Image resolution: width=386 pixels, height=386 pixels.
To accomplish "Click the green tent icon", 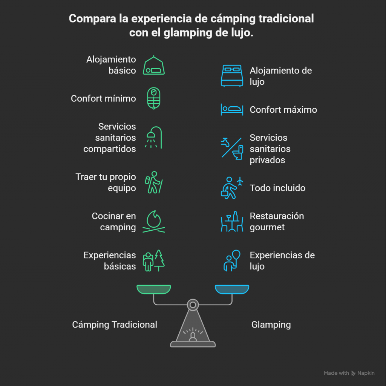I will [x=154, y=66].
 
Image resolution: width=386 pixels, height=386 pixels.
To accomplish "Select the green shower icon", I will [x=153, y=137].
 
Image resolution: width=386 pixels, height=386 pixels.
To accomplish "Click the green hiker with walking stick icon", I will [x=154, y=182].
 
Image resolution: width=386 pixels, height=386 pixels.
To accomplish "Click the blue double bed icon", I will [x=231, y=76].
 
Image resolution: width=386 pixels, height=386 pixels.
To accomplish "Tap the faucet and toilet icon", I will [x=231, y=149].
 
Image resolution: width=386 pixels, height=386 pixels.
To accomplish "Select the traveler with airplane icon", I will [x=231, y=188].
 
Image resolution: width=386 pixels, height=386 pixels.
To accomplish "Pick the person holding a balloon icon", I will [x=231, y=260].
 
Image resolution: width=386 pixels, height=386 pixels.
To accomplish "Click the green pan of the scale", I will [x=154, y=289].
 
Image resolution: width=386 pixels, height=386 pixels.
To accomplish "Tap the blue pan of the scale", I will [x=232, y=289].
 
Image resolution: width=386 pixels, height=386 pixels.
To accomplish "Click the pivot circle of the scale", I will [x=193, y=304].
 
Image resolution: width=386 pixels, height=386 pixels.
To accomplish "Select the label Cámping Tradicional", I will [x=115, y=325].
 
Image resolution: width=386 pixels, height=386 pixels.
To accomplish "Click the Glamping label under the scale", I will [x=271, y=325].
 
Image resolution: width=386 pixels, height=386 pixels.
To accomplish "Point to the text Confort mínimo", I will [x=103, y=99].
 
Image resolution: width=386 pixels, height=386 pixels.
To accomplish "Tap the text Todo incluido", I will [x=277, y=188].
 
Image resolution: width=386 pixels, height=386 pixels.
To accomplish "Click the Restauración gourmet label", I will [x=277, y=222].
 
